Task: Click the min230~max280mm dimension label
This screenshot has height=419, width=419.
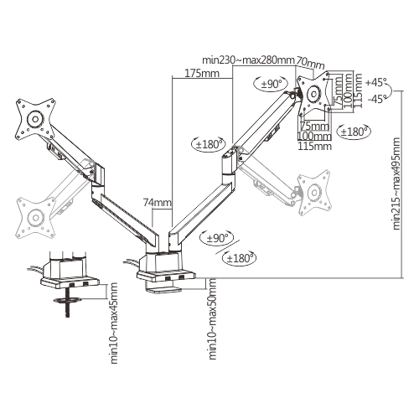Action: tap(249, 60)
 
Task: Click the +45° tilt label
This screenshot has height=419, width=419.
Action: tap(378, 82)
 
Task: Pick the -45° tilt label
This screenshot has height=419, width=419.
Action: tap(378, 97)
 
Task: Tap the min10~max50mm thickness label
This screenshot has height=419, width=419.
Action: tap(214, 332)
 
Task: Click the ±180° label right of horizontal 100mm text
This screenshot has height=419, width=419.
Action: tap(352, 132)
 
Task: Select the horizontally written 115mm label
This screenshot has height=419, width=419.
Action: tap(314, 146)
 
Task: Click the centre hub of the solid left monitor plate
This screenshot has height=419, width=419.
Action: tap(35, 119)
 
